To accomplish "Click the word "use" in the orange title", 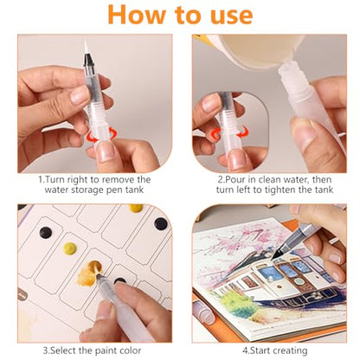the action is (232, 16).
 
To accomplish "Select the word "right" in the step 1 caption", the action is (78, 180).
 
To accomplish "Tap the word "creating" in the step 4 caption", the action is (290, 350).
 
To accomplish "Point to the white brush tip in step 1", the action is (86, 46).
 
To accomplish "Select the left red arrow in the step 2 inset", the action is (215, 133).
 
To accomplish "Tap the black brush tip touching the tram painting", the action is (276, 254).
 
